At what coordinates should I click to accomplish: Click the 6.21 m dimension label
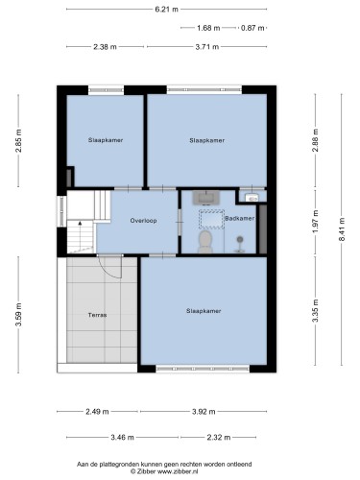tap(166, 10)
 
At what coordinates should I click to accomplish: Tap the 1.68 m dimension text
tap(208, 28)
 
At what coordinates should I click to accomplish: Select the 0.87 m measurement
tap(252, 28)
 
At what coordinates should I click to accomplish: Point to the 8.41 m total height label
tap(342, 229)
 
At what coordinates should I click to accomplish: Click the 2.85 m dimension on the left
tap(18, 140)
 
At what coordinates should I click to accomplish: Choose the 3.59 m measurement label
tap(18, 315)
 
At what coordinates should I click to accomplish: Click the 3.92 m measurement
tap(204, 412)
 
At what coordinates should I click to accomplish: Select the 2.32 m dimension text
tap(219, 437)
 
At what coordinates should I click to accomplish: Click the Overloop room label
tap(143, 221)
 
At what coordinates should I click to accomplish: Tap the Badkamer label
tap(240, 218)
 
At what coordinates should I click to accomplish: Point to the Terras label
tap(97, 315)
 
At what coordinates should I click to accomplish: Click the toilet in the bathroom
tap(205, 242)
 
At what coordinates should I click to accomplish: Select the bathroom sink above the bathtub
tap(206, 198)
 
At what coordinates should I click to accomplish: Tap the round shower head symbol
tap(239, 239)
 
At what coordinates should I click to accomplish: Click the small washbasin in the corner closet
tap(252, 199)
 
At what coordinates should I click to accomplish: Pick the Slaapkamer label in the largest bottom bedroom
tap(204, 311)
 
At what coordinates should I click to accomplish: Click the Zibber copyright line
tap(164, 471)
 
